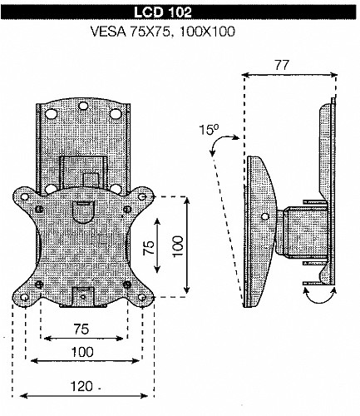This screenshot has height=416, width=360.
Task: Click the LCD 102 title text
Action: click(x=162, y=12)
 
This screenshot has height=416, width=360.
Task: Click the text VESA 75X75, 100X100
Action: click(x=163, y=32)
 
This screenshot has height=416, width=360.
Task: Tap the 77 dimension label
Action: click(x=282, y=65)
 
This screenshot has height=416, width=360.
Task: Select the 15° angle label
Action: click(x=209, y=129)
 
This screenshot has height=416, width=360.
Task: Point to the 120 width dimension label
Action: click(x=81, y=386)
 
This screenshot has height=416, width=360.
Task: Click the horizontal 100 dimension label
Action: click(x=82, y=352)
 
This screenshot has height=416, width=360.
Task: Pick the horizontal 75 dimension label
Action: click(x=81, y=329)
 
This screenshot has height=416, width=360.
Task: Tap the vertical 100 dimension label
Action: click(x=178, y=246)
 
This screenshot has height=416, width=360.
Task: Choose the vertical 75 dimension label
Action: click(x=149, y=248)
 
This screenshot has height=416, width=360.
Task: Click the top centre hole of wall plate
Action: click(x=82, y=106)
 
